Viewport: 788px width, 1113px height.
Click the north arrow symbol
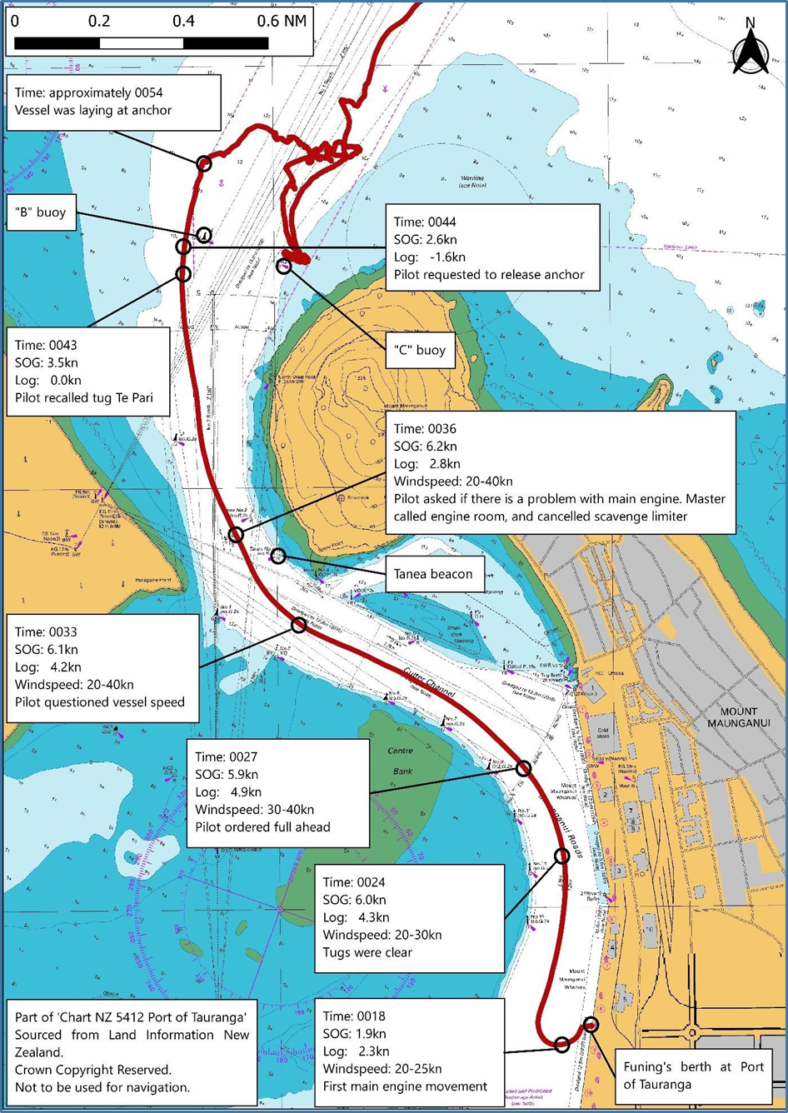pyautogui.click(x=750, y=48)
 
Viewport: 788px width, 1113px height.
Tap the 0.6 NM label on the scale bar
pyautogui.click(x=282, y=21)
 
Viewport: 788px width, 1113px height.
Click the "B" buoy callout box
pyautogui.click(x=40, y=212)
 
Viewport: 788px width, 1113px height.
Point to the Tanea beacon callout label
pyautogui.click(x=433, y=574)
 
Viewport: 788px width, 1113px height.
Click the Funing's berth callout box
pyautogui.click(x=693, y=1076)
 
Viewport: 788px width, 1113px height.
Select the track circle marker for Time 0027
pyautogui.click(x=523, y=768)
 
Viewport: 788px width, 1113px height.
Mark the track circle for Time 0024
pyautogui.click(x=562, y=855)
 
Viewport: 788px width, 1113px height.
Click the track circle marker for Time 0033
pyautogui.click(x=298, y=625)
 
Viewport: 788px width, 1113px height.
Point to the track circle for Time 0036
pyautogui.click(x=236, y=535)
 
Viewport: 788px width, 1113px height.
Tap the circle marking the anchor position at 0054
pyautogui.click(x=204, y=163)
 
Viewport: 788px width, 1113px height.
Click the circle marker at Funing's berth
pyautogui.click(x=591, y=1024)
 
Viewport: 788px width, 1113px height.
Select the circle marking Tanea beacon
pyautogui.click(x=278, y=556)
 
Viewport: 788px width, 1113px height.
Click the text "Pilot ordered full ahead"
pyautogui.click(x=262, y=827)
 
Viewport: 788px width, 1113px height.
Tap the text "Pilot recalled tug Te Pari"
pyautogui.click(x=84, y=398)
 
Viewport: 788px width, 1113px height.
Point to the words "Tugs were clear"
pyautogui.click(x=367, y=952)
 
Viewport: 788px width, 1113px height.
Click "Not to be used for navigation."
pyautogui.click(x=102, y=1087)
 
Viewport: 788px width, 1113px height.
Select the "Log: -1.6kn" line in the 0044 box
pyautogui.click(x=430, y=257)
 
